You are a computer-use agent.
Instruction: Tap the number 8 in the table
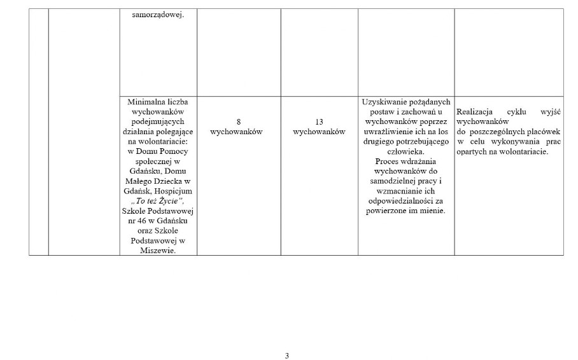[x=239, y=121]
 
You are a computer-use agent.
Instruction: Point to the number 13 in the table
[x=319, y=121]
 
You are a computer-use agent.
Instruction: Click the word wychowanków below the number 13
[x=319, y=132]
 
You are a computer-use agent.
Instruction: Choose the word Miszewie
[x=158, y=251]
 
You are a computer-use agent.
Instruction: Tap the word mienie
[x=432, y=211]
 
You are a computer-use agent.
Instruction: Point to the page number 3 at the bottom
[x=287, y=356]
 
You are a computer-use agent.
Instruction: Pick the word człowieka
[x=405, y=151]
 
